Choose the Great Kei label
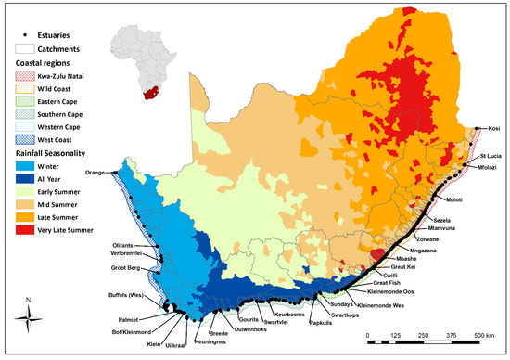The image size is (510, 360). (x=402, y=266)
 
